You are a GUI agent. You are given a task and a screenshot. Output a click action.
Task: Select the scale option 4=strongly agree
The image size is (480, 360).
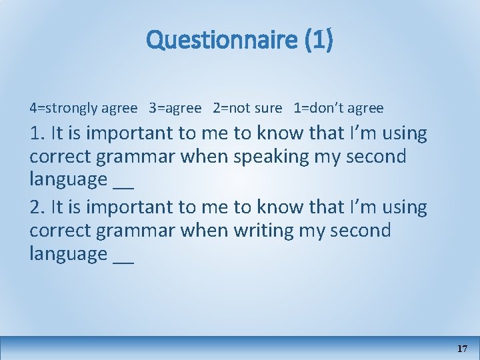[83, 108]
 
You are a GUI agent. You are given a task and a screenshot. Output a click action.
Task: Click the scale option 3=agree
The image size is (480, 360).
[175, 108]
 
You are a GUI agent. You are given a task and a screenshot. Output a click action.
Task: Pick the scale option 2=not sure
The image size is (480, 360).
[247, 108]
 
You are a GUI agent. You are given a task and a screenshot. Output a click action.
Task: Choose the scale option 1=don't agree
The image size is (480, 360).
[339, 108]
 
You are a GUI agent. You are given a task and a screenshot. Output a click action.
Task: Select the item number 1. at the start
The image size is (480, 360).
[37, 133]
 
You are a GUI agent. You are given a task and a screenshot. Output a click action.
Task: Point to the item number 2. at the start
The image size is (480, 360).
[37, 207]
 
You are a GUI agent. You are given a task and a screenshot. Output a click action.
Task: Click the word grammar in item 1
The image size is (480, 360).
[129, 157]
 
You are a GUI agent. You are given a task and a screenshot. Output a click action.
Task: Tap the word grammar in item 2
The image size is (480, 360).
[129, 231]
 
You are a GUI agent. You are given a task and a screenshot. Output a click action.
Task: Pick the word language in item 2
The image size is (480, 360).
[69, 255]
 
